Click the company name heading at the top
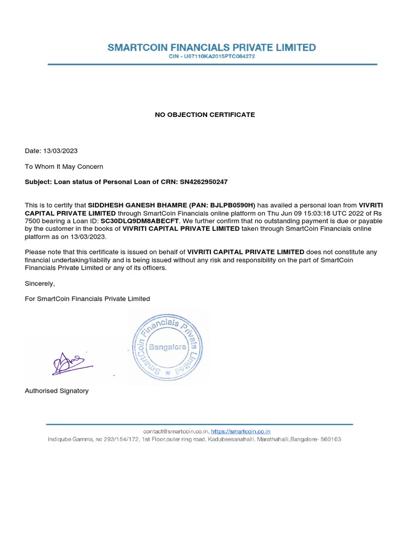pyautogui.click(x=211, y=48)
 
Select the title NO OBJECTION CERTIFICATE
pyautogui.click(x=205, y=115)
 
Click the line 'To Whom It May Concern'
pyautogui.click(x=64, y=167)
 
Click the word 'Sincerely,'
pyautogui.click(x=40, y=284)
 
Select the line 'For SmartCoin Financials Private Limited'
pyautogui.click(x=88, y=299)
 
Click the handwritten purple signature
pyautogui.click(x=69, y=364)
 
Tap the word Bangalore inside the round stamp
pyautogui.click(x=167, y=347)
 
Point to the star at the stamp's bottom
pyautogui.click(x=168, y=372)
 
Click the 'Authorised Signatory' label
pyautogui.click(x=57, y=391)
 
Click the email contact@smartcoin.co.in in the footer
pyautogui.click(x=175, y=431)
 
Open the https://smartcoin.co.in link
pyautogui.click(x=241, y=431)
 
